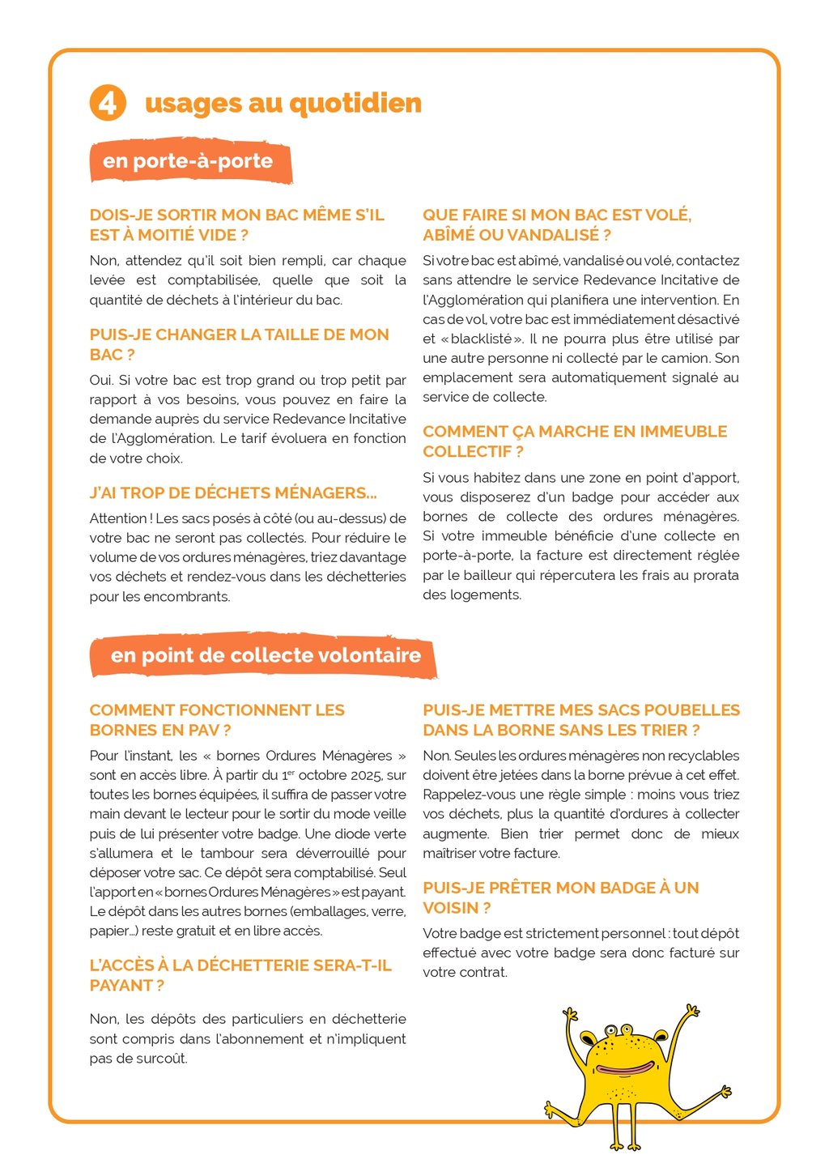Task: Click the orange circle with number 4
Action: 108,103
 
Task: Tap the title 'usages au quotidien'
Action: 283,104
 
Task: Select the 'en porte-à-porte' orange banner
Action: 188,161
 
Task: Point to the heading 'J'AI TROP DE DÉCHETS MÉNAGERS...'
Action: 233,493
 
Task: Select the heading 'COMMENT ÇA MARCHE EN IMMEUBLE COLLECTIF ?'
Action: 574,441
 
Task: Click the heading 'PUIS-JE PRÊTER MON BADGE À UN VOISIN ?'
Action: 560,897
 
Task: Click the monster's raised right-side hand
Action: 691,1011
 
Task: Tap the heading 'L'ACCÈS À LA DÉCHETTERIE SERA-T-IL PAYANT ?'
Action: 240,975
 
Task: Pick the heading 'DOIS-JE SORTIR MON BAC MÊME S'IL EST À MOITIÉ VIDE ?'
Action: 236,225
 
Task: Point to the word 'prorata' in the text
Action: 712,575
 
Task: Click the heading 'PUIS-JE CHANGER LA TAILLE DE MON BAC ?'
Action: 239,344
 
